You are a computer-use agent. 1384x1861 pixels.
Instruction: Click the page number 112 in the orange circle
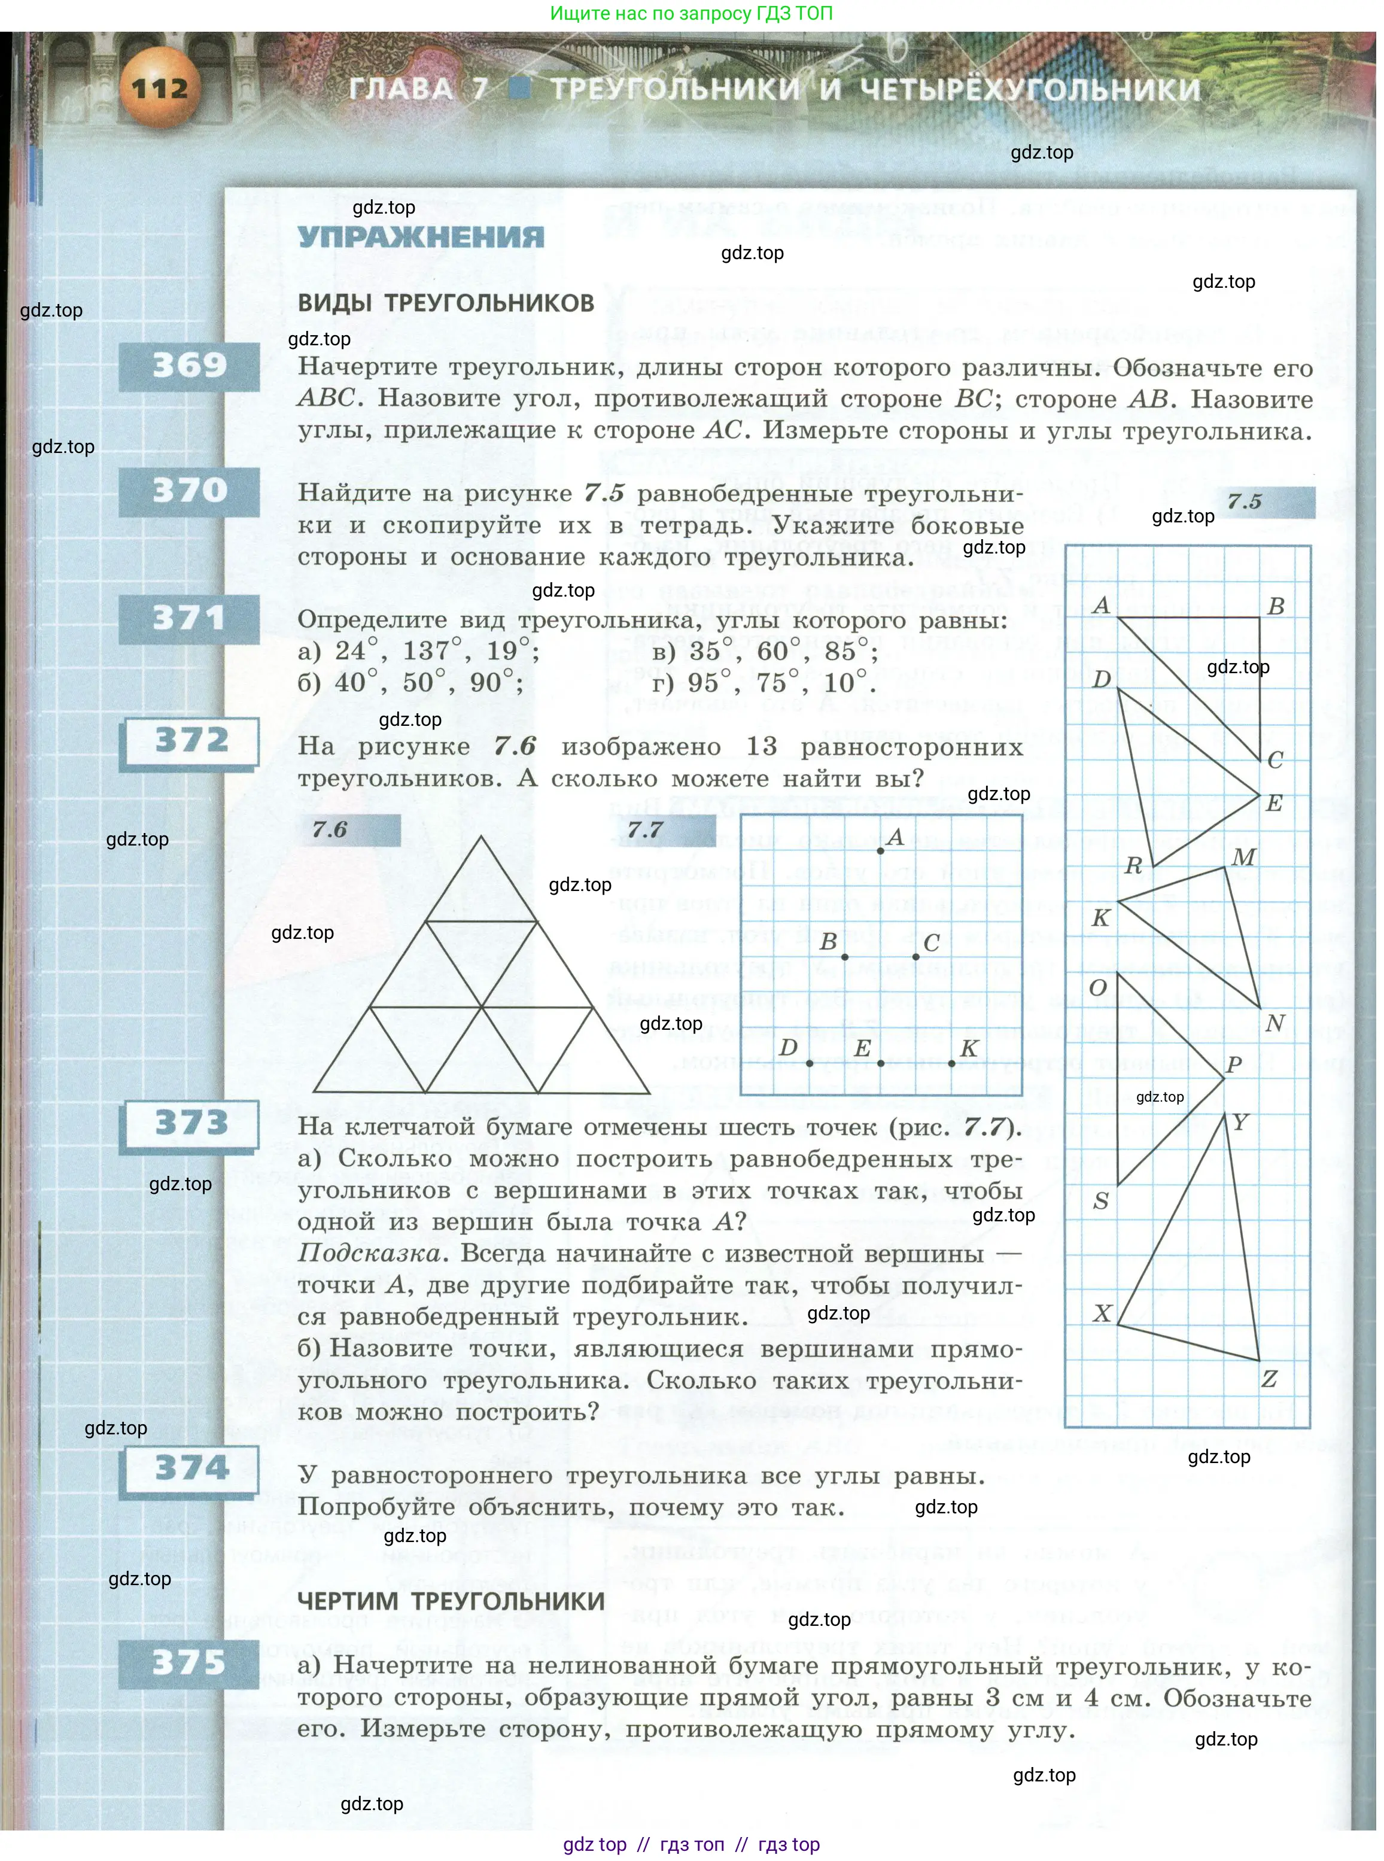[x=159, y=87]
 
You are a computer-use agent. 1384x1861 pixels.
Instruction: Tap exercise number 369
[x=189, y=366]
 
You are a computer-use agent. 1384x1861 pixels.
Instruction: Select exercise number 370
[x=189, y=490]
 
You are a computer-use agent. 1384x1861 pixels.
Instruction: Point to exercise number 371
[x=189, y=618]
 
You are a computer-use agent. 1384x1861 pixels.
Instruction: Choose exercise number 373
[x=191, y=1123]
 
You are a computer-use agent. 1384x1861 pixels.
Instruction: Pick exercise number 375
[x=189, y=1662]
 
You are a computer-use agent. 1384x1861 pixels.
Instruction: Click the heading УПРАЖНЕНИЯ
[x=421, y=237]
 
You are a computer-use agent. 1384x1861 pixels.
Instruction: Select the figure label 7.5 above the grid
[x=1245, y=502]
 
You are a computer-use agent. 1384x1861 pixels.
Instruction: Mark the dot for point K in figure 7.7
[x=952, y=1063]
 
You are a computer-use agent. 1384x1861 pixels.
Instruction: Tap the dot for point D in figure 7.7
[x=810, y=1063]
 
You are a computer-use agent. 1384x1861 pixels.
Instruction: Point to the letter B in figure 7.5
[x=1275, y=606]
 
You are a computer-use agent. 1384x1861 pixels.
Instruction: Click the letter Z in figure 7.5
[x=1269, y=1378]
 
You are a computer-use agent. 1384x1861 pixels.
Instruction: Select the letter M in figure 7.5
[x=1244, y=856]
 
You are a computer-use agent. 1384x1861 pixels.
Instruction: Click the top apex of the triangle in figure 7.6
[x=482, y=837]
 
